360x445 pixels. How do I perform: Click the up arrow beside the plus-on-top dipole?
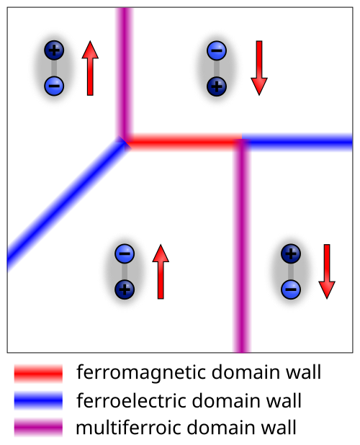coord(90,68)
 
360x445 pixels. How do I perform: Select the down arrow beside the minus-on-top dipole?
coord(259,68)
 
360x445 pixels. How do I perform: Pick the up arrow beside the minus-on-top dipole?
coord(161,271)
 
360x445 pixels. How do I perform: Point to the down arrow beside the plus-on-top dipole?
coord(327,271)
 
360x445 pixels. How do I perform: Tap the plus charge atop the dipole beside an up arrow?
coord(54,50)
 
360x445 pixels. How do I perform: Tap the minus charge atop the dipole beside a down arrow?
coord(217,50)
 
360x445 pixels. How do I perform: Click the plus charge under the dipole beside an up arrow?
coord(125,289)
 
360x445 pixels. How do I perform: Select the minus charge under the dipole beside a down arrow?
coord(291,289)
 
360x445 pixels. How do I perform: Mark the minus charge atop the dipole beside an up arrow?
coord(125,253)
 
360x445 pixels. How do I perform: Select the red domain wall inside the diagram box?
coord(184,141)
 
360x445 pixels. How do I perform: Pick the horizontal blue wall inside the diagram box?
coord(297,141)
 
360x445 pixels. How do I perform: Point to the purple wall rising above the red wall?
coord(125,73)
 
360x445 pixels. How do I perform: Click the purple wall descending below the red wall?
coord(242,246)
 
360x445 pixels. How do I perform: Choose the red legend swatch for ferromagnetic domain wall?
coord(38,374)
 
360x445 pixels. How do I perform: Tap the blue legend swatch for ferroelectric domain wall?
coord(38,400)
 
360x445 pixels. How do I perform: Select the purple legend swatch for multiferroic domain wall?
coord(38,427)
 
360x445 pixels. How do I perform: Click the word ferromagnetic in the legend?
coord(141,373)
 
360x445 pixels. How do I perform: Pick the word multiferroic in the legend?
coord(128,427)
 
